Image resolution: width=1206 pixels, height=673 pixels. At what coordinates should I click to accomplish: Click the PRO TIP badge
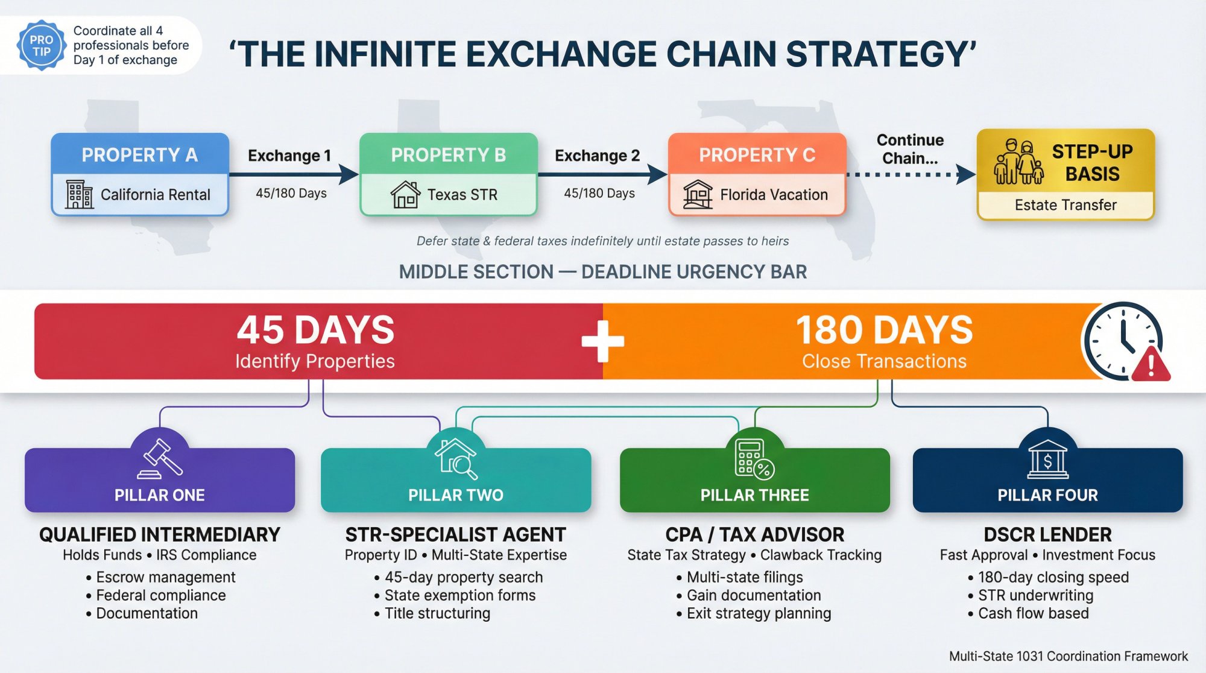[41, 45]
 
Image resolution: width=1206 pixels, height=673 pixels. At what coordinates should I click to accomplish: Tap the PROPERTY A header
[140, 155]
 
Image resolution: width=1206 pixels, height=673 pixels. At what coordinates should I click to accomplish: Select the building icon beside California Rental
[79, 194]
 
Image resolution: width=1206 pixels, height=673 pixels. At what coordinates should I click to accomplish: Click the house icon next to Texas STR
[405, 195]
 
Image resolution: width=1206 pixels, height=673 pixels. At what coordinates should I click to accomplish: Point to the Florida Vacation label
[774, 195]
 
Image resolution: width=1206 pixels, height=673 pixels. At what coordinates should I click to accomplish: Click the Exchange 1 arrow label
[289, 156]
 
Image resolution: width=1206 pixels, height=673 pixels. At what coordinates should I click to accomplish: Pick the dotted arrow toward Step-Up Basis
[911, 175]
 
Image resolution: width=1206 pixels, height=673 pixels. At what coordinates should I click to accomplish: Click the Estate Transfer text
[1066, 205]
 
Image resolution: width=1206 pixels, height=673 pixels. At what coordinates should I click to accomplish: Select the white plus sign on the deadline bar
[602, 341]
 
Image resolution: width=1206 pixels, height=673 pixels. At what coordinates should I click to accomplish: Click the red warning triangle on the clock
[1151, 365]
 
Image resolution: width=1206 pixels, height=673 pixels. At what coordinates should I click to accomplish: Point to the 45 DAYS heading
[315, 330]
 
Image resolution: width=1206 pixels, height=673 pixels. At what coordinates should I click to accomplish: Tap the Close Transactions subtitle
[884, 361]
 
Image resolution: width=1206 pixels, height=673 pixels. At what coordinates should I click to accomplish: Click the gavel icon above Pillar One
[160, 458]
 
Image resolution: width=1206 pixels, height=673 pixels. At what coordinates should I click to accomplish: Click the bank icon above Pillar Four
[1047, 460]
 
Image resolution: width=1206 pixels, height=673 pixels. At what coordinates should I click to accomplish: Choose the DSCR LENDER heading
[1047, 534]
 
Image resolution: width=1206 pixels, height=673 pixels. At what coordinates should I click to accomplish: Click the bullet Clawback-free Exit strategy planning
[759, 613]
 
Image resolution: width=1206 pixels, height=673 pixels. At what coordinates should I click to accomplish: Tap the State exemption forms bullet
[459, 595]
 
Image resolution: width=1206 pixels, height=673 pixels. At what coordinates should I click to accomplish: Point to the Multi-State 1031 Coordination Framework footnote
[1068, 656]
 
